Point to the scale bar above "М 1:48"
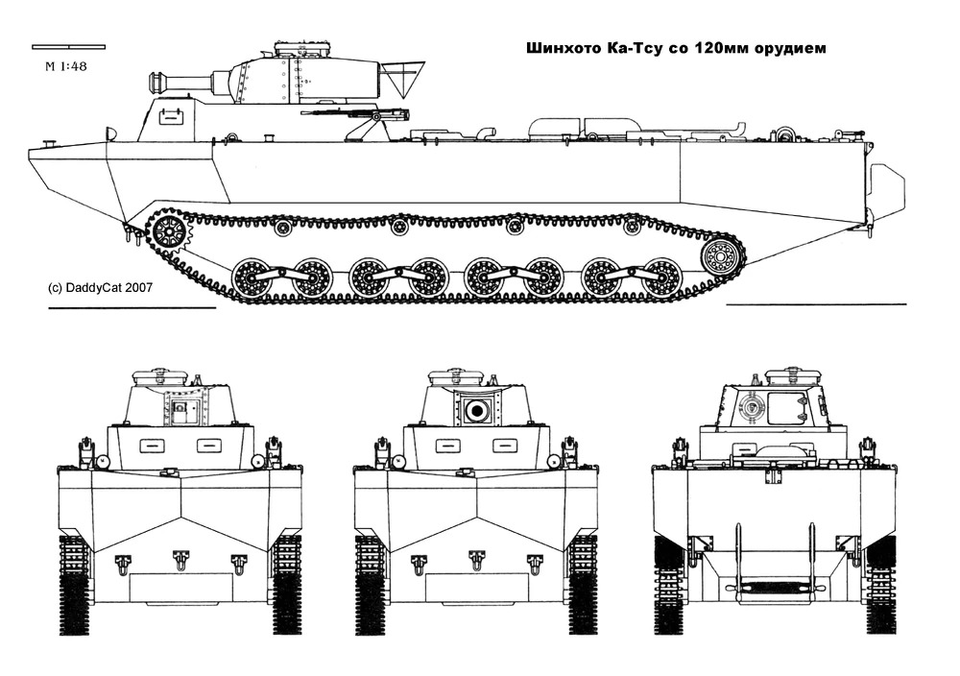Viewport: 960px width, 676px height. (x=68, y=45)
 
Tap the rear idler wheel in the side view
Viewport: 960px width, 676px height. (x=722, y=256)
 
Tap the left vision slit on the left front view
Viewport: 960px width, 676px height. (x=152, y=445)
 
